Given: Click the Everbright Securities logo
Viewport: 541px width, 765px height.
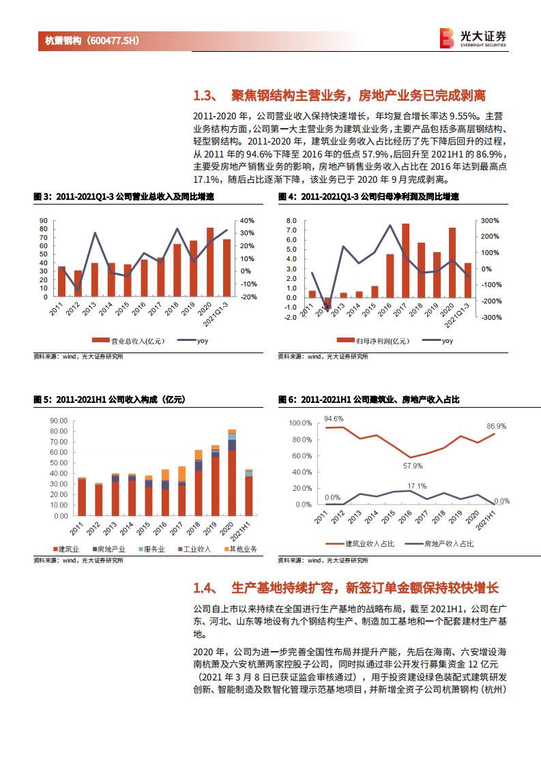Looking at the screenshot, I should [473, 38].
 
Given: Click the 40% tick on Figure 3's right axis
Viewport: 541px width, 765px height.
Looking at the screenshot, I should [246, 220].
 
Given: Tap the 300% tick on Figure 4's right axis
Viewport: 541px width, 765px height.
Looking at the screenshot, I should [490, 220].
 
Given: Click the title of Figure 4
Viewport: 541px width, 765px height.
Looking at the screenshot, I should [368, 196].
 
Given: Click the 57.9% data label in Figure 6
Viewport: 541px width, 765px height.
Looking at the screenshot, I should [413, 466].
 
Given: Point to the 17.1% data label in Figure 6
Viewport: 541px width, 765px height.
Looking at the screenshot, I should [417, 486].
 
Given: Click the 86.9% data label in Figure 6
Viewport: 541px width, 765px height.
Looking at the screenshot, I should [497, 426].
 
